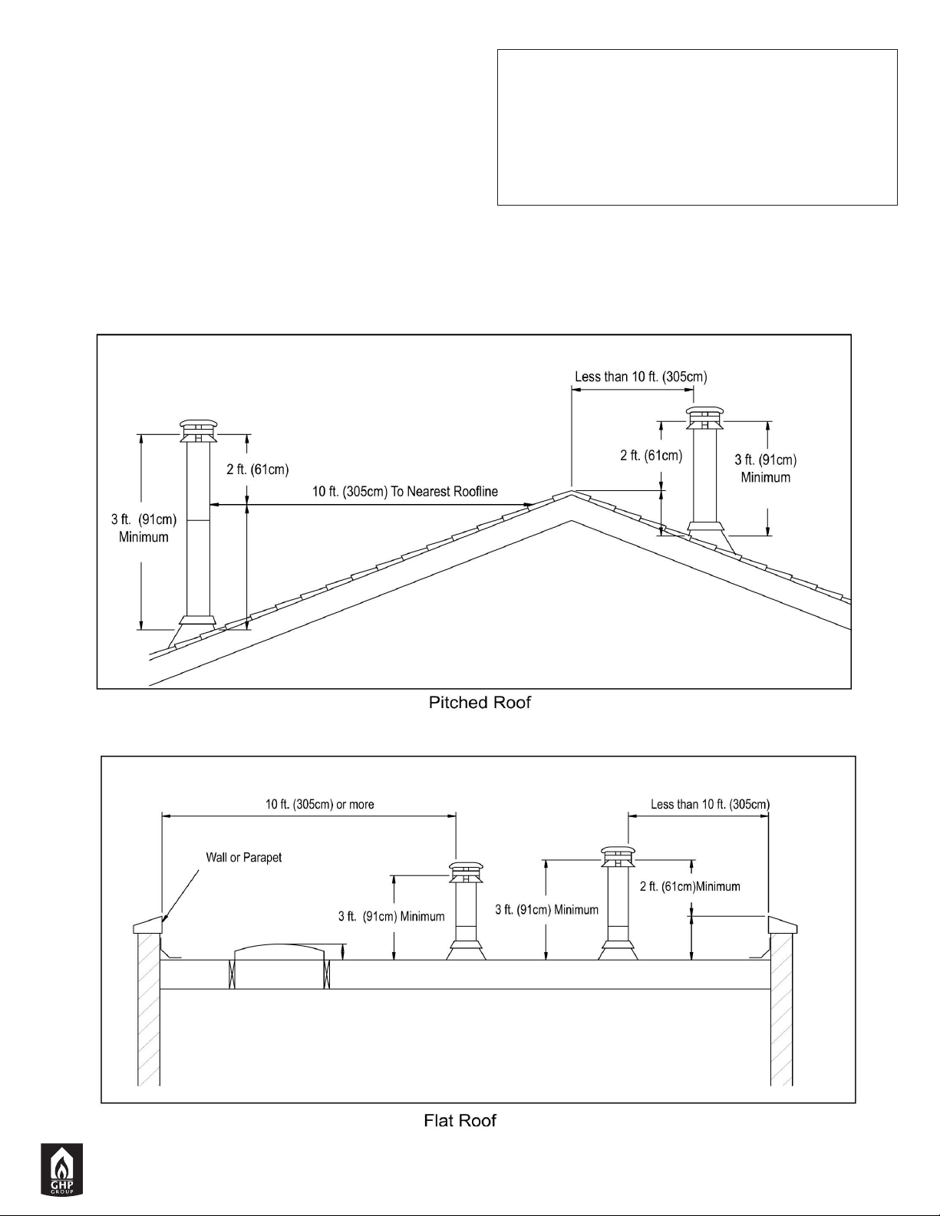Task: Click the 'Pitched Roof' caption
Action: point(480,702)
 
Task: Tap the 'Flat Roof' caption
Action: point(460,1120)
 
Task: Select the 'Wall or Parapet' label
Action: point(244,858)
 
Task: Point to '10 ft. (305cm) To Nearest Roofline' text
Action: point(405,491)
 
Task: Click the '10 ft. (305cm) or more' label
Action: point(319,804)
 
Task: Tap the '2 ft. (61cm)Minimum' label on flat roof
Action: point(690,886)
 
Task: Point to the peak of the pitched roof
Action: point(571,491)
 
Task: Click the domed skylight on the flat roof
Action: point(279,951)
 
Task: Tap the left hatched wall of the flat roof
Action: point(149,1010)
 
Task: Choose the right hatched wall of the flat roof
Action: point(781,1010)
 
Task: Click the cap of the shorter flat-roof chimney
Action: point(466,872)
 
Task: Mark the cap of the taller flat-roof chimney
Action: point(618,857)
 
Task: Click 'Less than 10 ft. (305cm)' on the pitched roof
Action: point(642,377)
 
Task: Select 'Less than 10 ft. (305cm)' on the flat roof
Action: point(710,804)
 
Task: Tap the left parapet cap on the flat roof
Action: point(148,925)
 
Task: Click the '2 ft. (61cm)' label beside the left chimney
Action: point(257,469)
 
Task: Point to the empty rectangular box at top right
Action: point(698,127)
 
